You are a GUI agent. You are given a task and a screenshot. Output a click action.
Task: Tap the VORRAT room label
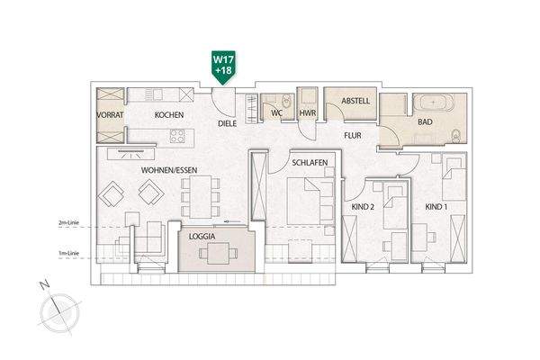[x=111, y=115]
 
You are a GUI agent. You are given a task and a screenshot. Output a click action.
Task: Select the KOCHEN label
[x=169, y=115]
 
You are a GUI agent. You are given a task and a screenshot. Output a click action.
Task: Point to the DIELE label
[x=227, y=124]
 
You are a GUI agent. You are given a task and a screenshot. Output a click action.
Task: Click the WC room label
[x=277, y=114]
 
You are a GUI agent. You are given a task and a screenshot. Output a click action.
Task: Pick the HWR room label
[x=308, y=114]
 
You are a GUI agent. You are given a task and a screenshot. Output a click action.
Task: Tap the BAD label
[x=426, y=121]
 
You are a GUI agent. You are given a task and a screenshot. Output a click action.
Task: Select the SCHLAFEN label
[x=308, y=163]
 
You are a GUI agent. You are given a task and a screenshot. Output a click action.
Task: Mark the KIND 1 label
[x=436, y=207]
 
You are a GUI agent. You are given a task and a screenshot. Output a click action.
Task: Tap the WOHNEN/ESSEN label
[x=168, y=169]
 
